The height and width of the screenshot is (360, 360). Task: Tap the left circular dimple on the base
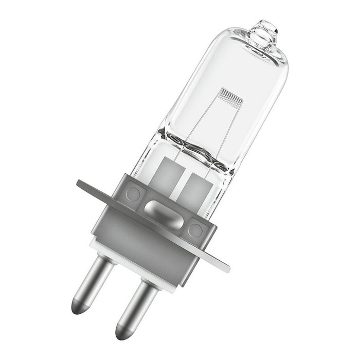(x=133, y=194)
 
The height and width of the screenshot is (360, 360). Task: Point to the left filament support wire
(x=198, y=123)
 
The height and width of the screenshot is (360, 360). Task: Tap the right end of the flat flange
(x=224, y=266)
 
